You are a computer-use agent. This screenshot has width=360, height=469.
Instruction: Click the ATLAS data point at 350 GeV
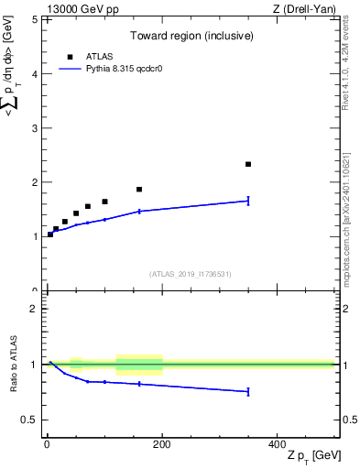[248, 164]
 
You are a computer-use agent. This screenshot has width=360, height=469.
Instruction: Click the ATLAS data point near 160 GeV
[139, 190]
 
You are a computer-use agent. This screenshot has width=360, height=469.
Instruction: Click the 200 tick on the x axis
[162, 443]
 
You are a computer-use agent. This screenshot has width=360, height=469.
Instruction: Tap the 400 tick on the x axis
[277, 443]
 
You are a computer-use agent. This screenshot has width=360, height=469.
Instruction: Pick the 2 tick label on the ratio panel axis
[34, 310]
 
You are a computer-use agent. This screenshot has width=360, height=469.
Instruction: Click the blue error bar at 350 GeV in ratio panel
[248, 391]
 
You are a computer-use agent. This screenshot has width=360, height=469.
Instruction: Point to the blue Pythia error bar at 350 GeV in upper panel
[248, 201]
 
